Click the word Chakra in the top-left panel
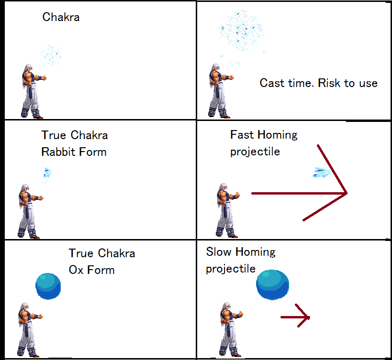click(x=61, y=17)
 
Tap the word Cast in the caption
click(x=272, y=83)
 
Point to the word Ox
click(x=76, y=270)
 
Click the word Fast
click(x=242, y=134)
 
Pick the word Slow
click(x=219, y=251)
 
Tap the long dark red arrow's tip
click(x=347, y=193)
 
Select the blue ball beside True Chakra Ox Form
click(x=48, y=286)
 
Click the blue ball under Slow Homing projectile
click(x=272, y=284)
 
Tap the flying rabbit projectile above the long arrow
click(x=322, y=172)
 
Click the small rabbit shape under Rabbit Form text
click(x=47, y=172)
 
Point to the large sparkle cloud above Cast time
click(x=242, y=31)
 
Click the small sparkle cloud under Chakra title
click(x=51, y=55)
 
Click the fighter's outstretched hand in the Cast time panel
click(x=231, y=77)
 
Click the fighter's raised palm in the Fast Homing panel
click(x=237, y=195)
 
